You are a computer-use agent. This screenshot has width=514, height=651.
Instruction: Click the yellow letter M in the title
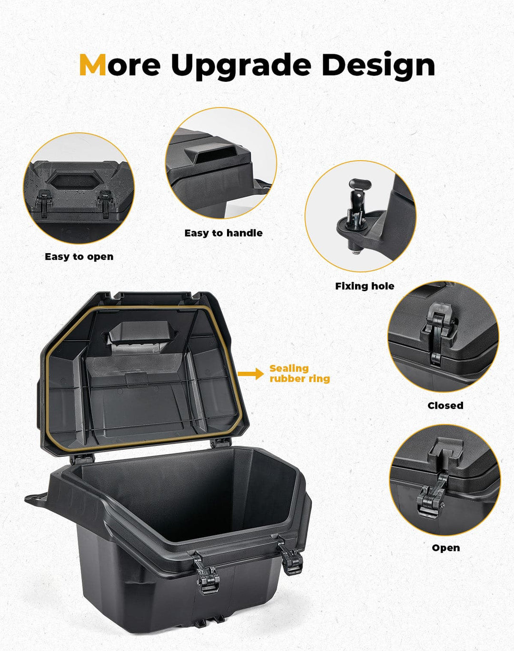click(92, 65)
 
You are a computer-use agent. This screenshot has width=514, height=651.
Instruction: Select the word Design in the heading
click(378, 66)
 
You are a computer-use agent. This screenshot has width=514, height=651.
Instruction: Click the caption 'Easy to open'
click(79, 256)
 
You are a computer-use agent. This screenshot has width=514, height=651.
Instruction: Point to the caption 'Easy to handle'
click(223, 233)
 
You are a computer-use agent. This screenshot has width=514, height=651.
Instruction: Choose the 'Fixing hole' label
click(365, 286)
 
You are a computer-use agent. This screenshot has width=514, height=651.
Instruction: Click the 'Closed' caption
click(445, 405)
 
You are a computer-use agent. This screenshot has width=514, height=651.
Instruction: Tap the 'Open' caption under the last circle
click(445, 548)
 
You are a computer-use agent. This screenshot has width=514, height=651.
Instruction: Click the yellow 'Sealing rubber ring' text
click(299, 374)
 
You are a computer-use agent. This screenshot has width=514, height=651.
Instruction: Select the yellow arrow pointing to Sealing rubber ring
click(250, 374)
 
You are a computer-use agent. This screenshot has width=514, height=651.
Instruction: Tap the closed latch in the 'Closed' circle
click(437, 333)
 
